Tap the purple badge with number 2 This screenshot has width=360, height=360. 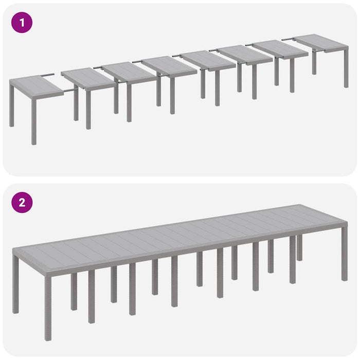click(x=22, y=202)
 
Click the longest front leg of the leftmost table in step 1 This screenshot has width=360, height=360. click(x=34, y=121)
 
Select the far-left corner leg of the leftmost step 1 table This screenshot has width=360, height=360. click(x=12, y=105)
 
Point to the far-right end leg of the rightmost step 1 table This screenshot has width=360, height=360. click(x=346, y=67)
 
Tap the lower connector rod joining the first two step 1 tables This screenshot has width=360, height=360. click(x=70, y=91)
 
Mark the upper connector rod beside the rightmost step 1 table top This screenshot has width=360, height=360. click(x=288, y=39)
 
